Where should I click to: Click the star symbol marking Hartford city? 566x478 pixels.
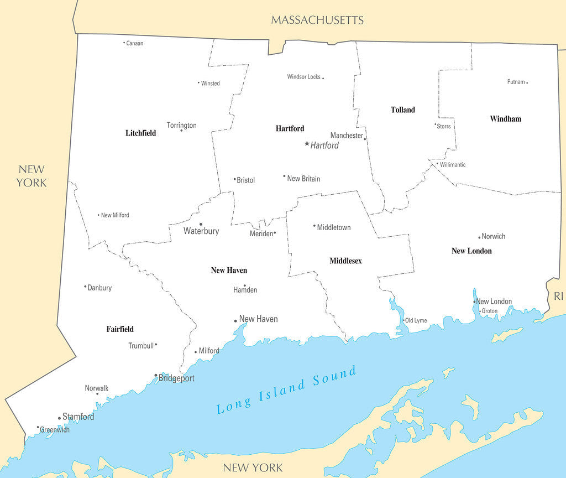tap(307, 144)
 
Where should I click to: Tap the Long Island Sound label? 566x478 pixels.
tap(286, 390)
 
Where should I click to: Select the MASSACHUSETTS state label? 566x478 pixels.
tap(317, 20)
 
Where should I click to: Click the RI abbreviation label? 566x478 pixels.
tap(558, 297)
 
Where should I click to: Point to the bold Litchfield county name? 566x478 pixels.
tap(140, 133)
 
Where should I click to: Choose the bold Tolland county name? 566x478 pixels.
tap(402, 110)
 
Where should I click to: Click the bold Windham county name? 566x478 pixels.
tap(505, 119)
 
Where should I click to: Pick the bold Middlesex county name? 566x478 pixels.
tap(345, 261)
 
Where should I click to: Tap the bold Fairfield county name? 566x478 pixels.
tap(120, 329)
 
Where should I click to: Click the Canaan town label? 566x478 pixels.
tap(134, 43)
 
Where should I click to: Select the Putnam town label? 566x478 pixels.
tap(516, 82)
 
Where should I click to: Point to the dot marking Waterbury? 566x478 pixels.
tap(201, 224)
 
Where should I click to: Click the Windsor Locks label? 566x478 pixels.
tap(303, 77)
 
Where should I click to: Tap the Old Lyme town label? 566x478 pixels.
tap(416, 321)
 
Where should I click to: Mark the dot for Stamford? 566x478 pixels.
tap(59, 418)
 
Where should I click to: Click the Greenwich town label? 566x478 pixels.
tap(55, 430)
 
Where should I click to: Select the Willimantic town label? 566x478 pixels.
tap(453, 165)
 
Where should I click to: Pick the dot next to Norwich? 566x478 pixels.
tap(479, 237)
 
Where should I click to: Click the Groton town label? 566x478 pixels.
tap(489, 311)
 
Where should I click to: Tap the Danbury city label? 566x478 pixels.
tap(99, 288)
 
